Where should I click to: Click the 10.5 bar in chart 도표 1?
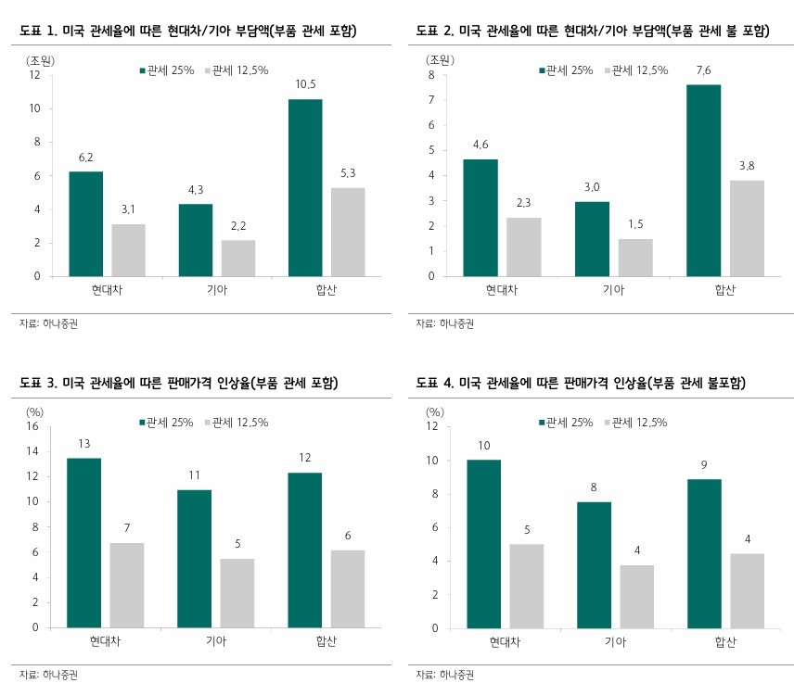[x=305, y=187]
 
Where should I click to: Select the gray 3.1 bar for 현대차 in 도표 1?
[x=128, y=249]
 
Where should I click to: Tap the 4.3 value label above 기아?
[x=196, y=190]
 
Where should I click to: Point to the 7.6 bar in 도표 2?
[x=703, y=180]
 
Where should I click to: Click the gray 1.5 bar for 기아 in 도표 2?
[x=636, y=257]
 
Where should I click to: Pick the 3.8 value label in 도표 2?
[x=747, y=166]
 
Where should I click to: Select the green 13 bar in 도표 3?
[x=84, y=542]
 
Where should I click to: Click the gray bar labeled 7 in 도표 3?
[x=128, y=585]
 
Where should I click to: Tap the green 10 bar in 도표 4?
[x=484, y=543]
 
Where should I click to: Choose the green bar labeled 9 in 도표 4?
[x=703, y=553]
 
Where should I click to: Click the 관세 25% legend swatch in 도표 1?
[x=142, y=70]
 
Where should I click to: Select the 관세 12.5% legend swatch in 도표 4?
[x=609, y=423]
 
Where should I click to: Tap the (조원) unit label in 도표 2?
[x=439, y=59]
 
